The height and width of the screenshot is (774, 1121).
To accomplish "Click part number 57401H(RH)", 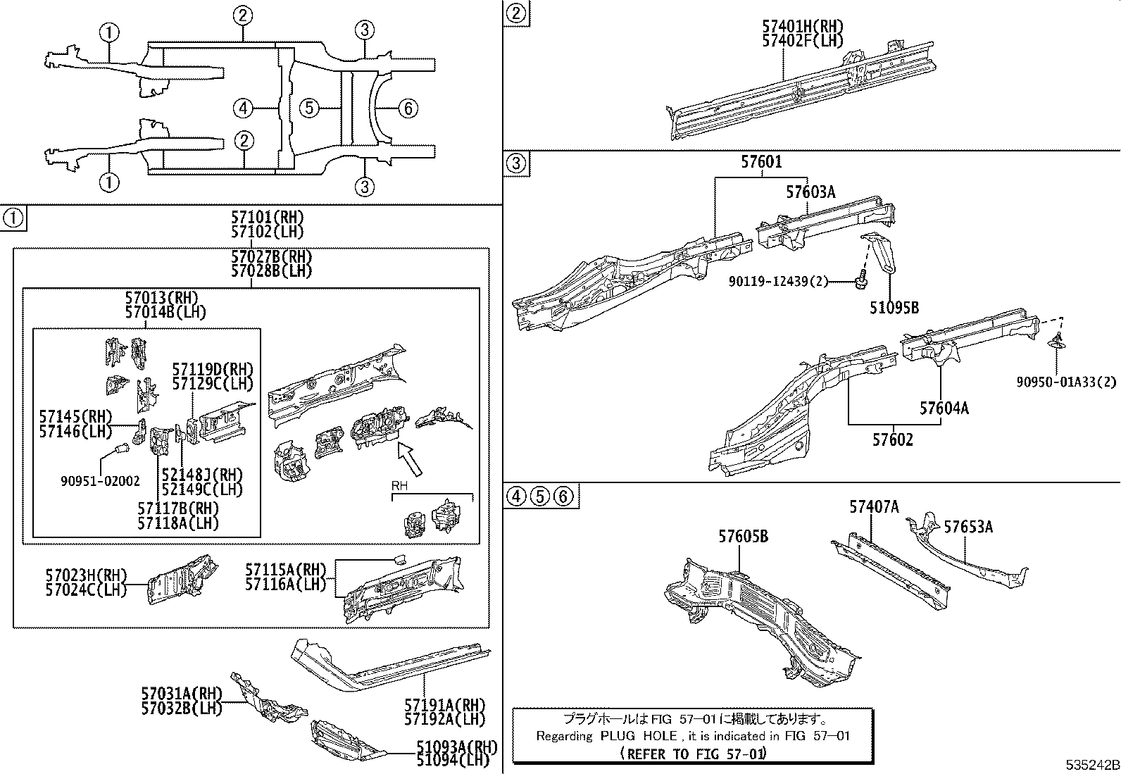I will [x=802, y=27].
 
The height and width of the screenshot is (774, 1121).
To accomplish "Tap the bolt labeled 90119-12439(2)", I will [x=859, y=282].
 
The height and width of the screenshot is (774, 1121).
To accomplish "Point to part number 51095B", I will [x=894, y=308].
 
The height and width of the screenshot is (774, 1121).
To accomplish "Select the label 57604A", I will [x=944, y=408].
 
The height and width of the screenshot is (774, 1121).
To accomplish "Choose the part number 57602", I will [x=892, y=440].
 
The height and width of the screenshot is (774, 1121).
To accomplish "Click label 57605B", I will [x=743, y=537].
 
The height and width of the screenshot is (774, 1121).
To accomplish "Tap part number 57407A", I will [x=874, y=506].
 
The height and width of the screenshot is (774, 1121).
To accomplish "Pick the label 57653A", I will [x=968, y=527].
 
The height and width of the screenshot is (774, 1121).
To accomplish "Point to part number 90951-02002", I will [x=100, y=481].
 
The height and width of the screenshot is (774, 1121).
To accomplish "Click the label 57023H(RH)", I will [x=86, y=575].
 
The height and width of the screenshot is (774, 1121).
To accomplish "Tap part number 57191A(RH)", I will [x=445, y=704].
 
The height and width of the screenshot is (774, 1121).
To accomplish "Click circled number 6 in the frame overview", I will [x=408, y=108].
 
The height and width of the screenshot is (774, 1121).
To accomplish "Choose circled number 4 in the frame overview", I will [x=243, y=108].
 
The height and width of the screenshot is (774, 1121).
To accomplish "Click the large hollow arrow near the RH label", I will [x=411, y=460].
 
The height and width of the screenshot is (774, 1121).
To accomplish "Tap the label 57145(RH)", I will [x=75, y=416].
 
